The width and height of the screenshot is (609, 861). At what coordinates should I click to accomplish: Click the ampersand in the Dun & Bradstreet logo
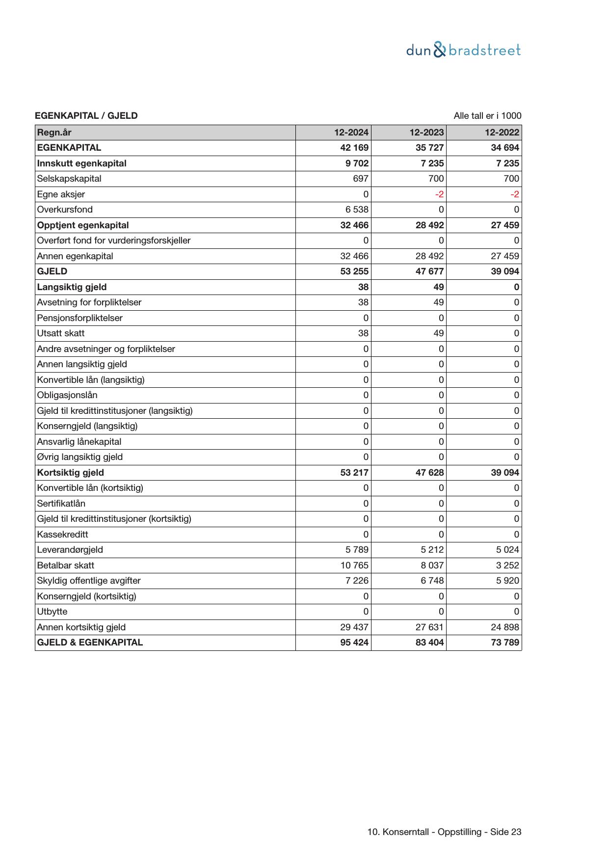click(440, 50)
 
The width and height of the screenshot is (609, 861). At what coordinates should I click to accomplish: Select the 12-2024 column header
click(351, 133)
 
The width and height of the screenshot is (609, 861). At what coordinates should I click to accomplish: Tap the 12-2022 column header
click(502, 133)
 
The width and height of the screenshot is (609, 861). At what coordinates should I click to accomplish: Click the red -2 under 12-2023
click(439, 194)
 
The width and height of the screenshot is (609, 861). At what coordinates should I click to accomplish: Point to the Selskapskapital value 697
click(360, 179)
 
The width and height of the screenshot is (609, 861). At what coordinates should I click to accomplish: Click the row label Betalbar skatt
click(66, 565)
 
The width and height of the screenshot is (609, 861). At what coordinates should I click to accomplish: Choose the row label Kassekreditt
click(63, 534)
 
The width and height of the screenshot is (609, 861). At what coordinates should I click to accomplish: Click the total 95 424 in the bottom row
click(354, 643)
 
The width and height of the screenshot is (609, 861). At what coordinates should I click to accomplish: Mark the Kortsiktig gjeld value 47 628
click(429, 473)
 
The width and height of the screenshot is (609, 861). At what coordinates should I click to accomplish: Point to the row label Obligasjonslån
click(67, 395)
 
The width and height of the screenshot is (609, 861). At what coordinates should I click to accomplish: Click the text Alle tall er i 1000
click(487, 116)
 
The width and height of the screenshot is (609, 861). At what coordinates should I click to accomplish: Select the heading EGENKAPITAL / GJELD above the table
click(86, 116)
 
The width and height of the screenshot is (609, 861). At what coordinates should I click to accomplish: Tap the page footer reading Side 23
click(505, 832)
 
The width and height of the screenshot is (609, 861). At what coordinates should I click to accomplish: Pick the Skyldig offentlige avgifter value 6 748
click(432, 581)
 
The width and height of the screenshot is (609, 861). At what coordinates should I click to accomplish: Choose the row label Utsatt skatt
click(61, 333)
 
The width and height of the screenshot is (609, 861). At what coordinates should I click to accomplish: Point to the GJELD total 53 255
click(354, 271)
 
